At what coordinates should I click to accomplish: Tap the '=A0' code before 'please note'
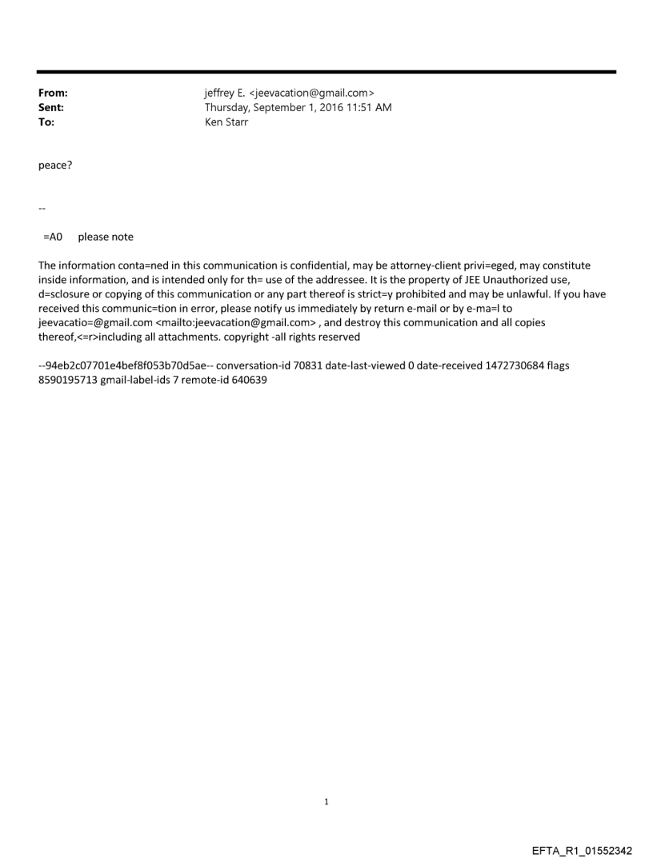pyautogui.click(x=53, y=237)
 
